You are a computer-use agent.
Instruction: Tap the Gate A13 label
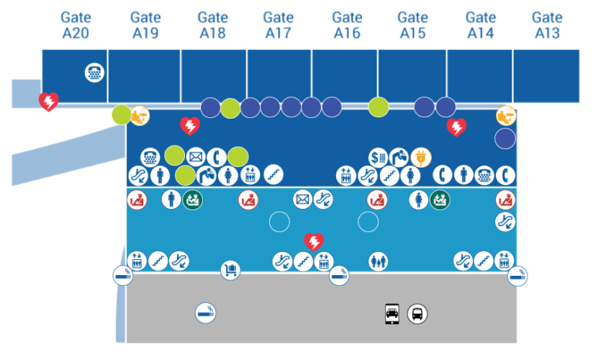click(547, 24)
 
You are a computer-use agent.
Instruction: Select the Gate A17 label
click(278, 24)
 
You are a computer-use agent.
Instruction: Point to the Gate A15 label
click(412, 24)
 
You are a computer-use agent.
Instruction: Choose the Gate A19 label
click(145, 24)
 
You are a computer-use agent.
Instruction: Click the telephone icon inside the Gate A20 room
click(94, 72)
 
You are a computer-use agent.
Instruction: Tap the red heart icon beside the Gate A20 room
click(48, 102)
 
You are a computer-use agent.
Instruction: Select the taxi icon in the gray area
click(392, 313)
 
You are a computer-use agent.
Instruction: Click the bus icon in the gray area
click(417, 313)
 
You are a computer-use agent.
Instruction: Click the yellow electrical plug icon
click(420, 156)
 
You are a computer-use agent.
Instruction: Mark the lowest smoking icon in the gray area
click(205, 312)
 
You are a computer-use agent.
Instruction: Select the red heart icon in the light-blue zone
click(313, 241)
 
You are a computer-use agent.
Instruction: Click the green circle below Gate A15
click(379, 107)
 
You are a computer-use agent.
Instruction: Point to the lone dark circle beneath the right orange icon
click(505, 138)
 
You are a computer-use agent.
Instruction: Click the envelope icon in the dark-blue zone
click(196, 156)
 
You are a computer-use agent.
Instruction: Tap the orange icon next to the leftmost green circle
click(140, 114)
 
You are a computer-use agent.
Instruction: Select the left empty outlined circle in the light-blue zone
click(279, 222)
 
